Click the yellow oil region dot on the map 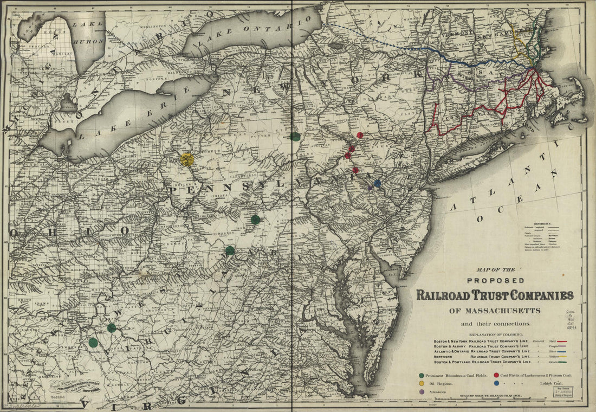186,159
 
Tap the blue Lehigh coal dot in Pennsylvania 377,184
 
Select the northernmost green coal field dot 295,137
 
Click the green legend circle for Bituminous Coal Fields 422,375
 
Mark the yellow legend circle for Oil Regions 422,383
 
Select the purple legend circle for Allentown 422,391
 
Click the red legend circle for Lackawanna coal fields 496,375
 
